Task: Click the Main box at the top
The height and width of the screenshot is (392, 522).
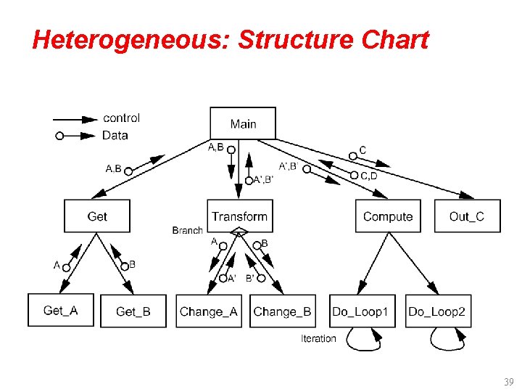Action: coord(243,123)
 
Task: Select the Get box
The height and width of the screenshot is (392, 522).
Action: coord(97,216)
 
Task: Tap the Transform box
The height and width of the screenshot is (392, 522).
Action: coord(239,216)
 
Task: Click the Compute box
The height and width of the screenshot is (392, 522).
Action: coord(388,216)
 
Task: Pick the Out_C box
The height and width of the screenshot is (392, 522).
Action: coord(467,216)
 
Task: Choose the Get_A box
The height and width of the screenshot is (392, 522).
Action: coord(61,311)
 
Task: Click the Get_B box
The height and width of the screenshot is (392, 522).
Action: coord(133,311)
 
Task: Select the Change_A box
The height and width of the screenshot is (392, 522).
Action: coord(209,311)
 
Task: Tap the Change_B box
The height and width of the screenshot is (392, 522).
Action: coord(282,311)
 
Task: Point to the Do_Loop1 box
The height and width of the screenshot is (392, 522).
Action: coord(360,311)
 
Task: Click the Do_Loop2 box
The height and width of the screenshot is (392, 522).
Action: coord(437,311)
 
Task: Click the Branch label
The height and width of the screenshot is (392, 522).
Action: coord(187,231)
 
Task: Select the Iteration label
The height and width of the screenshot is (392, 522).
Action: coord(318,338)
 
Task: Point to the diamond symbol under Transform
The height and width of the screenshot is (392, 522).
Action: coord(239,233)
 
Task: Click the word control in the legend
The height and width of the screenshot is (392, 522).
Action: coord(122,118)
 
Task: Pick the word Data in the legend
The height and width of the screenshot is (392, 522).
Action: coord(115,135)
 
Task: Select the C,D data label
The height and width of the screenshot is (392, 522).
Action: coord(368,176)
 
